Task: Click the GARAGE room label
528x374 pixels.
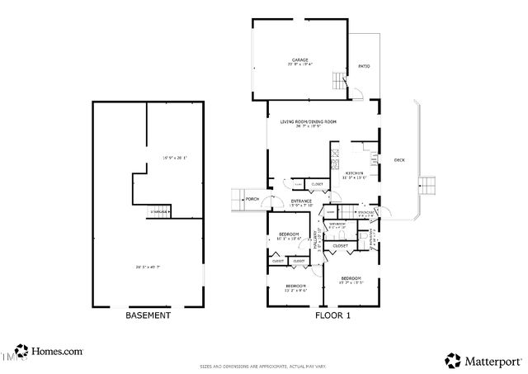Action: [x=299, y=60]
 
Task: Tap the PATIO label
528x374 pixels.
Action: [x=364, y=66]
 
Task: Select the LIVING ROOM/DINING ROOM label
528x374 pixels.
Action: [x=309, y=122]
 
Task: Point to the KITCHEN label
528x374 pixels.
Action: [x=355, y=173]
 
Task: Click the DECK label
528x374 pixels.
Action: [x=399, y=160]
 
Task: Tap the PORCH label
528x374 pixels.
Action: [x=252, y=198]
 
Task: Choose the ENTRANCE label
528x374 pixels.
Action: [x=300, y=201]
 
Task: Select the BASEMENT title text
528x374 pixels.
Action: [x=148, y=315]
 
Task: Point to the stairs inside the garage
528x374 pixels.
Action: [x=337, y=81]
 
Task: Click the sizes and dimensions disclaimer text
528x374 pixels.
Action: [x=263, y=366]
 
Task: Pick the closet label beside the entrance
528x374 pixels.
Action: [x=317, y=183]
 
